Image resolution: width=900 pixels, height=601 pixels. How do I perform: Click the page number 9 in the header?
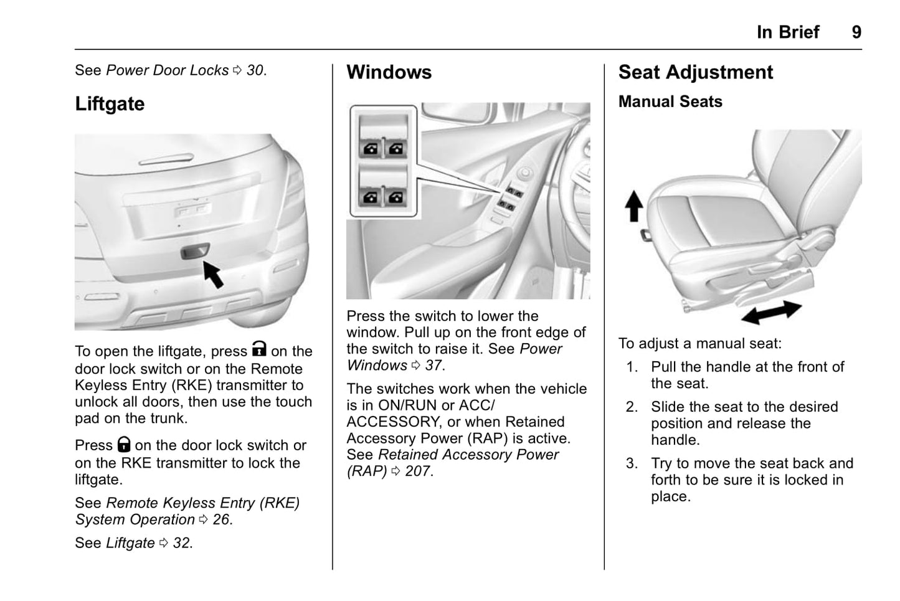[856, 32]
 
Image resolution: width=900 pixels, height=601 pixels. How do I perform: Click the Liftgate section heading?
[110, 103]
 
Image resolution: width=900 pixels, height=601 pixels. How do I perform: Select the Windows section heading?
[389, 72]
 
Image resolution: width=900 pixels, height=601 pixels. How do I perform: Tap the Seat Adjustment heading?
[695, 72]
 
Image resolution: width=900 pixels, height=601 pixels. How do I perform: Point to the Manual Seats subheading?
[670, 102]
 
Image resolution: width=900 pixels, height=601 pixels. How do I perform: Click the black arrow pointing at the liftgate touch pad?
[213, 274]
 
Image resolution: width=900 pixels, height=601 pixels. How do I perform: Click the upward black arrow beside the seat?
[634, 206]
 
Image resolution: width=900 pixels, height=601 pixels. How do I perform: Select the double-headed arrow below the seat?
[771, 311]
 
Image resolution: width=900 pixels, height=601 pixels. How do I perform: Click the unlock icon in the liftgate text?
[259, 349]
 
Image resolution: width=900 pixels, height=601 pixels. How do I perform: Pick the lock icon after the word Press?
[124, 444]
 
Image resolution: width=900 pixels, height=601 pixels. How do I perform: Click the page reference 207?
[417, 471]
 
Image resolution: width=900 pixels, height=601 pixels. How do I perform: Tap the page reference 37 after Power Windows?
[433, 366]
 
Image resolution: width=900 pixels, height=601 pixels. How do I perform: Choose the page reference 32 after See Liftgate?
[182, 543]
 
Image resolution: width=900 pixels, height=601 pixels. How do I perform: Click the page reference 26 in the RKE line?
[222, 519]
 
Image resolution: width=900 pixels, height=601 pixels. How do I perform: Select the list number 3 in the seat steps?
[632, 463]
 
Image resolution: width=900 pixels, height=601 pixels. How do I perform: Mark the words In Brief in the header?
[788, 32]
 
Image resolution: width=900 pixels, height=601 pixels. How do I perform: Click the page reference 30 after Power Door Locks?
[255, 70]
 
